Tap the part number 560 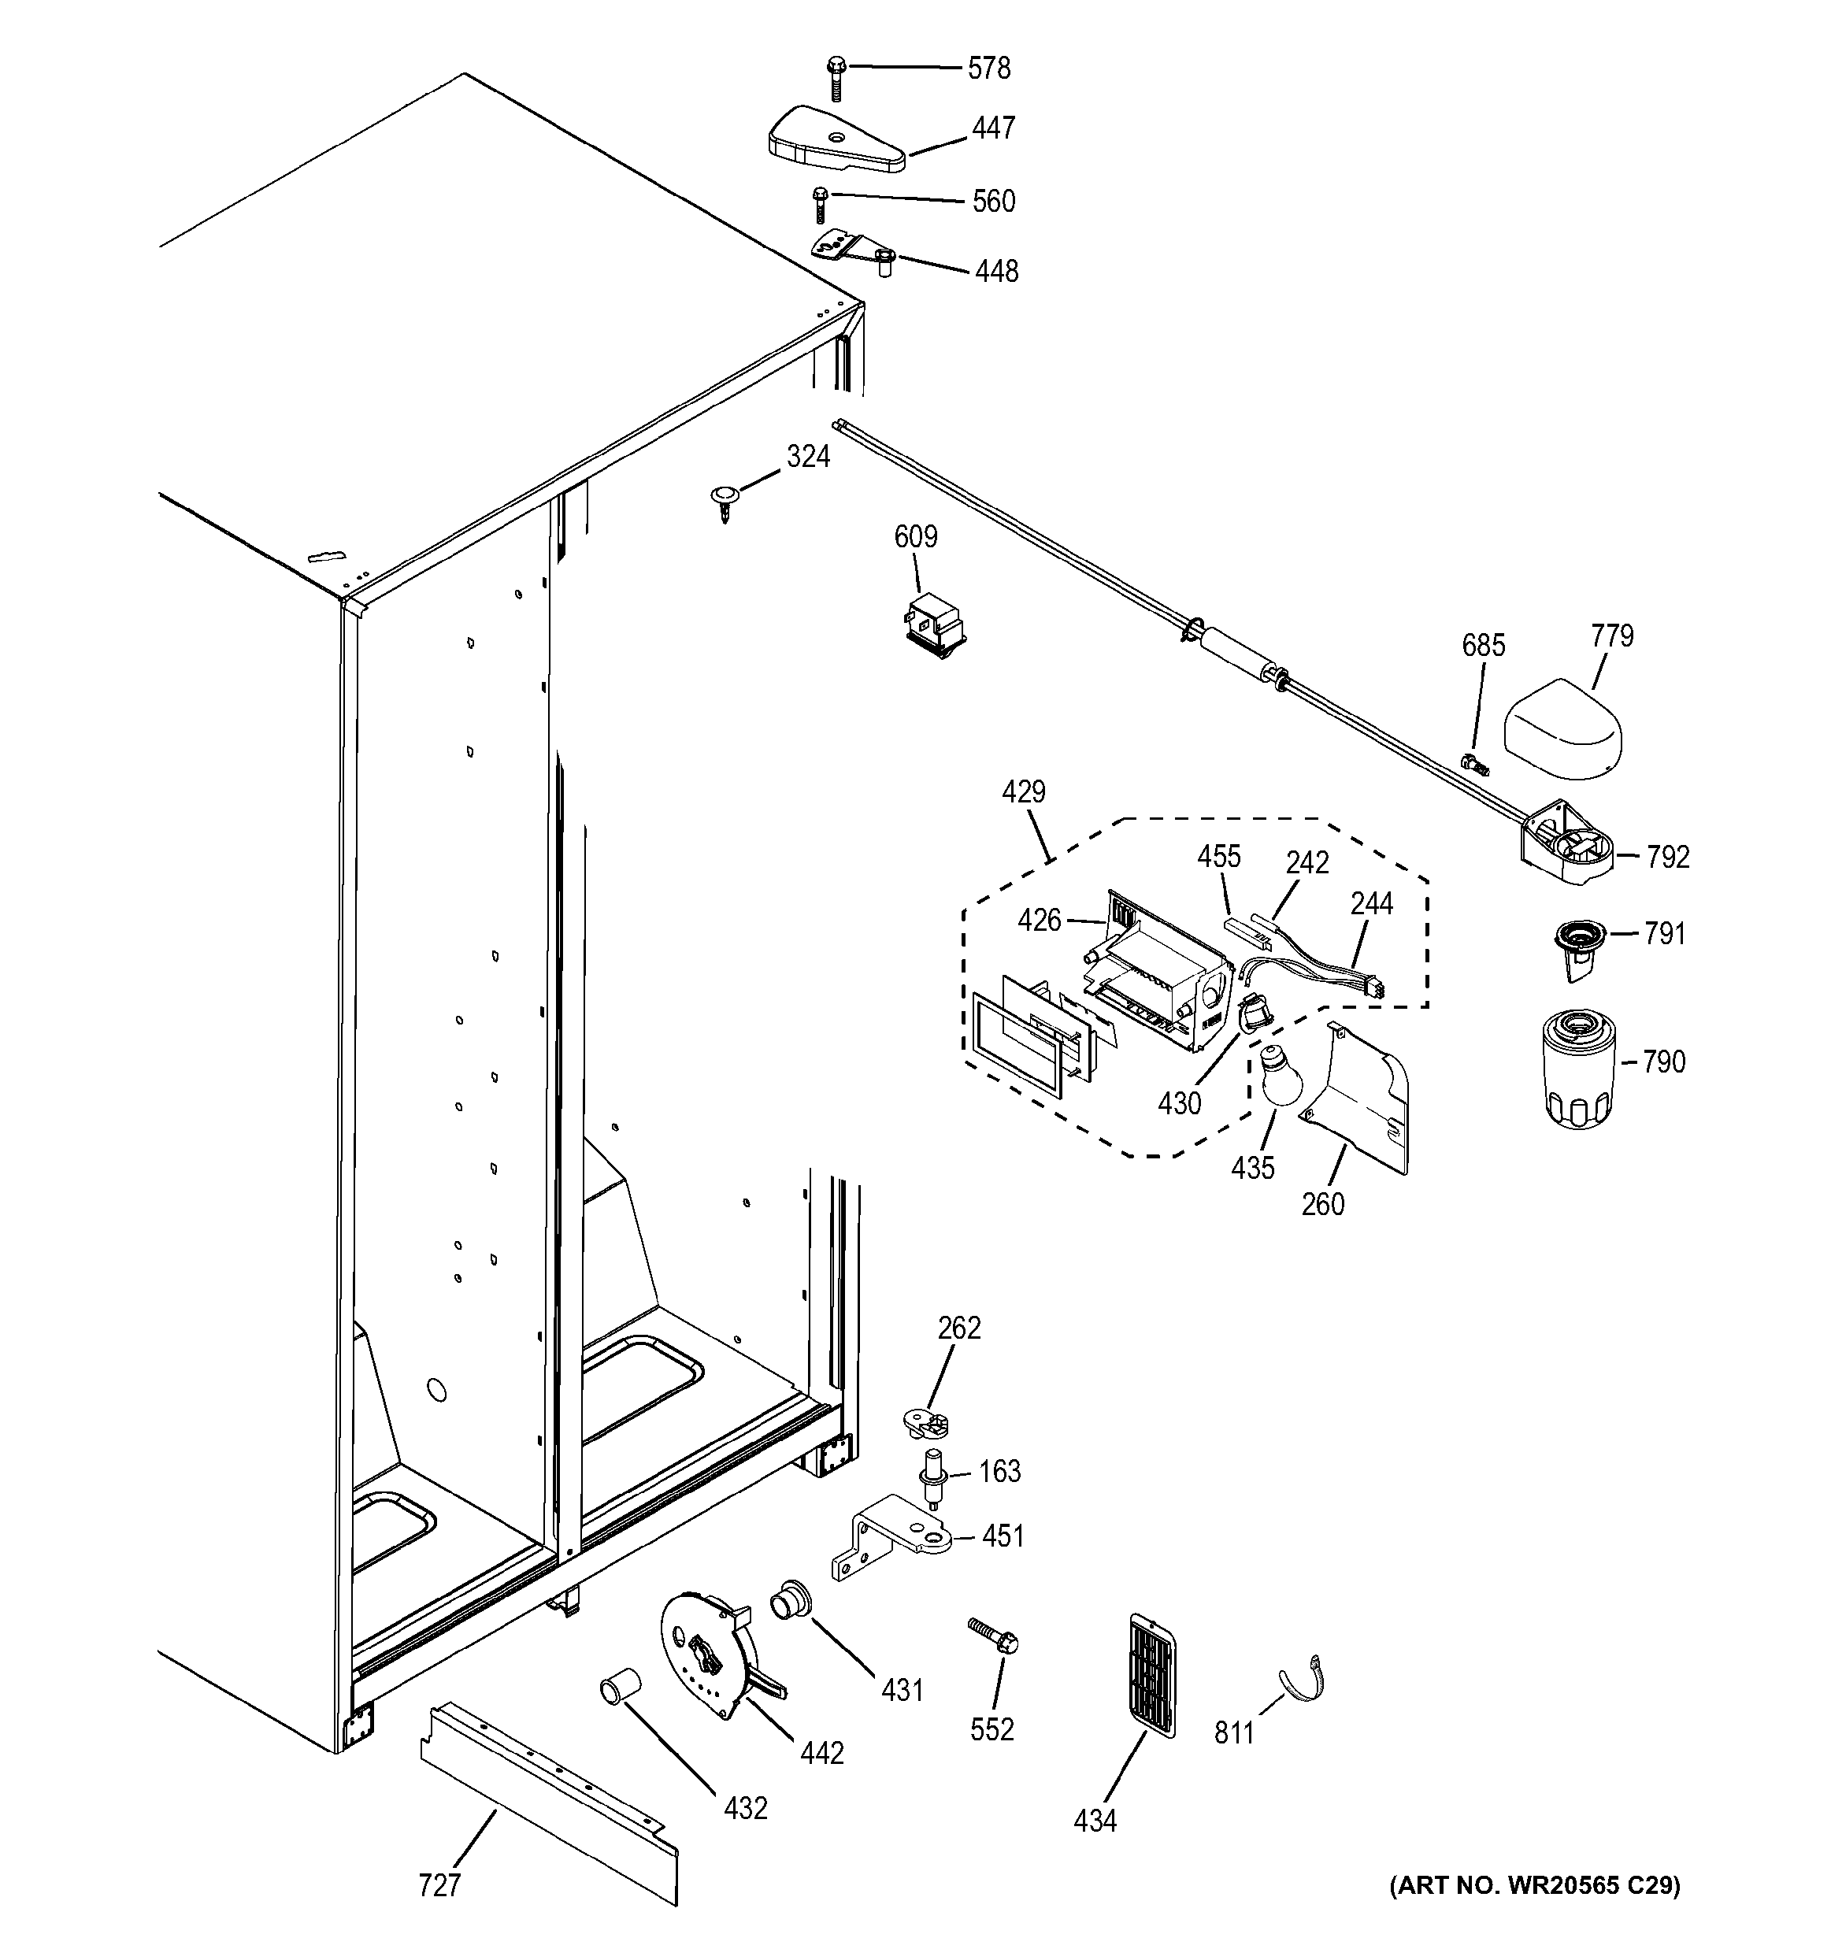993,201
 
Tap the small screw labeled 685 1473,764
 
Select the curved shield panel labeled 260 1362,1095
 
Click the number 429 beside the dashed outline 1023,792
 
